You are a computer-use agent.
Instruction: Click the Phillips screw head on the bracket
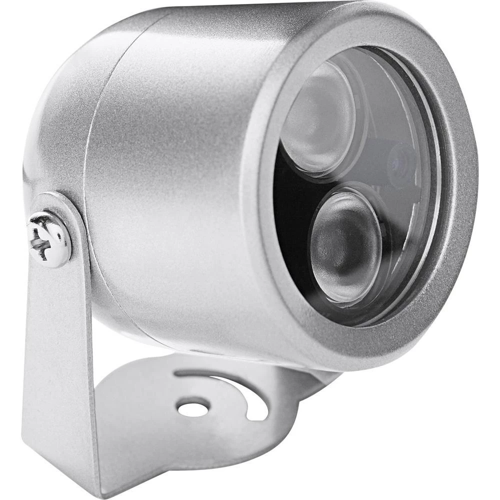[49, 239]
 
